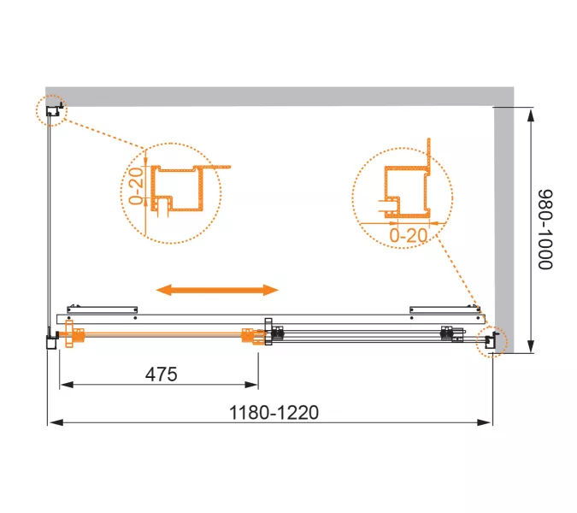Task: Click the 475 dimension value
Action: [x=162, y=374]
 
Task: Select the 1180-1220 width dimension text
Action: [x=274, y=412]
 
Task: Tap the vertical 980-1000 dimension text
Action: [x=545, y=230]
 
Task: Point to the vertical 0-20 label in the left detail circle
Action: [x=136, y=186]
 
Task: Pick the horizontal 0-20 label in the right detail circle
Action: [x=409, y=235]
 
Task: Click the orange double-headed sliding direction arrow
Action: [x=217, y=290]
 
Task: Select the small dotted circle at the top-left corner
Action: [x=51, y=110]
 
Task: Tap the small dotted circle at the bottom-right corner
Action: [x=492, y=341]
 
